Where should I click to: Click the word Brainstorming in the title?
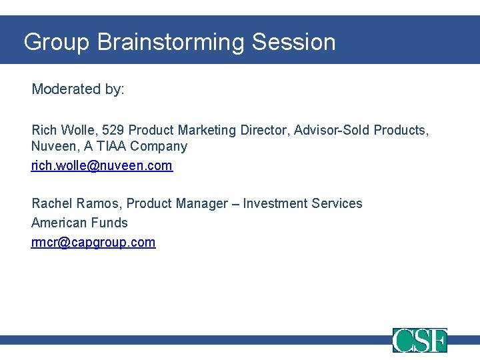point(171,42)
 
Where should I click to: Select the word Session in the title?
point(294,42)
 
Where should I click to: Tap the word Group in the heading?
point(56,42)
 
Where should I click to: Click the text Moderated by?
point(78,89)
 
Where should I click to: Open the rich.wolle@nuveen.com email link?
point(102,165)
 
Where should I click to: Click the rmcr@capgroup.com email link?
point(93,242)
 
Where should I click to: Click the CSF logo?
point(419,340)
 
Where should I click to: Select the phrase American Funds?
point(79,223)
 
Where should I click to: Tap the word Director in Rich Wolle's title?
point(263,130)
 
